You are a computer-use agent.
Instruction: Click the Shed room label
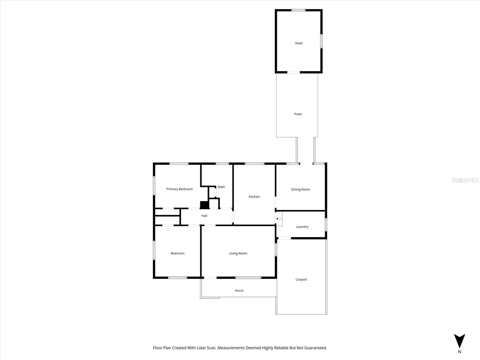[x=298, y=43]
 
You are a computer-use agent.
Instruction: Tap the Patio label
[x=298, y=114]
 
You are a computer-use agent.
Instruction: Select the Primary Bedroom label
[x=179, y=189]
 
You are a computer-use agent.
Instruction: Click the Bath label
[x=221, y=187]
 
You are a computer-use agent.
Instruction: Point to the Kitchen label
[x=254, y=197]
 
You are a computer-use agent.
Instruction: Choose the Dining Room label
[x=300, y=189]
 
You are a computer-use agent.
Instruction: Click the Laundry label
[x=302, y=227]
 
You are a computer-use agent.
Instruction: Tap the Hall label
[x=204, y=216]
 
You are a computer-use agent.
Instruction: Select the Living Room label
[x=238, y=253]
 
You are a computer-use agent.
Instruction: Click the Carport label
[x=301, y=280]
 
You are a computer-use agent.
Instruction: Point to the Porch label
[x=239, y=291]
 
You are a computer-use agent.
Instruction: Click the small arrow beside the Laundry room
[x=279, y=219]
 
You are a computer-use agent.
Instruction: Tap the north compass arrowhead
[x=459, y=341]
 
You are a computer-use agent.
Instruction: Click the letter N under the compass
[x=459, y=352]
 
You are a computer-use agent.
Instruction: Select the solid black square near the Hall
[x=204, y=205]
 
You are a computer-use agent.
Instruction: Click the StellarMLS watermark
[x=465, y=180]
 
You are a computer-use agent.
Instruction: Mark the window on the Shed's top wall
[x=298, y=10]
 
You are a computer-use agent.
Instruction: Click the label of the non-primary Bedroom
[x=178, y=253]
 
